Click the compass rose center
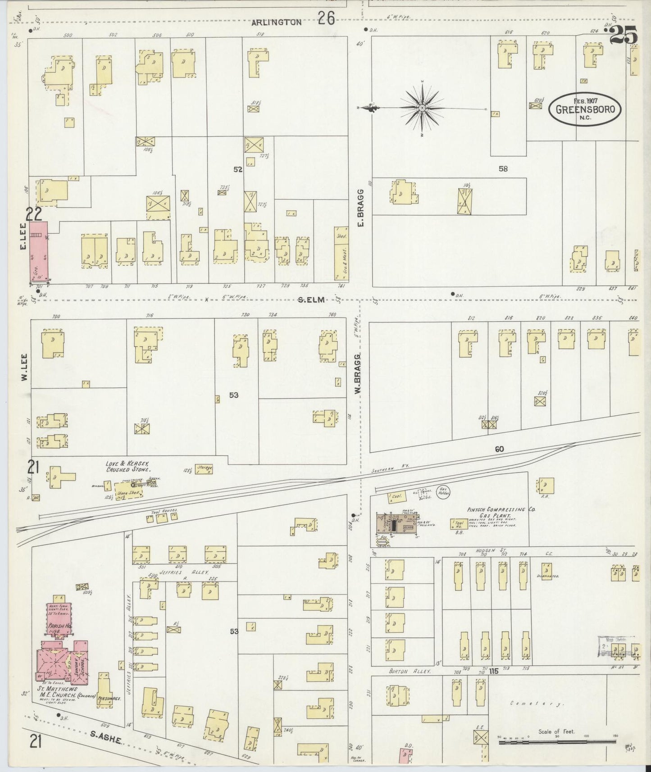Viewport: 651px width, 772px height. (x=422, y=108)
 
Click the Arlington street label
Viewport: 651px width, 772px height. (x=277, y=22)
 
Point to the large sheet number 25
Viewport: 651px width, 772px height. (x=624, y=35)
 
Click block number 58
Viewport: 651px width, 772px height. (x=503, y=168)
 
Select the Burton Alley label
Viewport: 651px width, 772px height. (x=410, y=671)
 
